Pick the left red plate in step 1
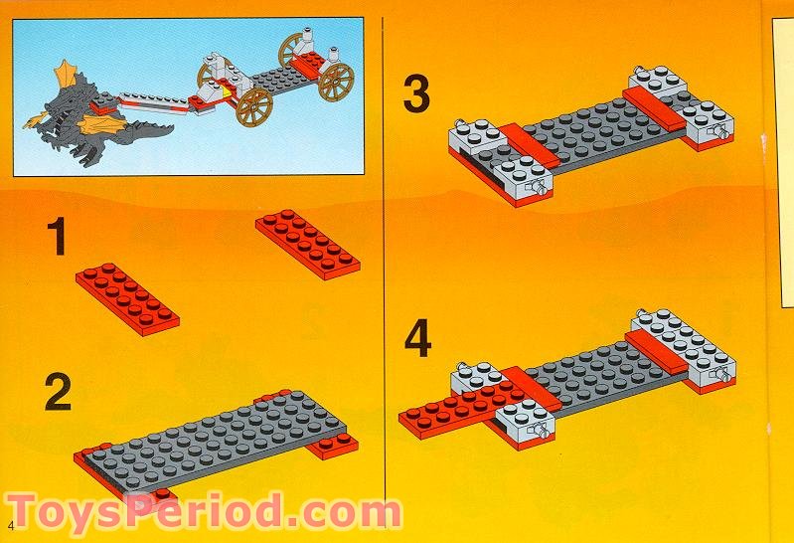pyautogui.click(x=127, y=295)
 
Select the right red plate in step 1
pyautogui.click(x=307, y=240)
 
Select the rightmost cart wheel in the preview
pyautogui.click(x=337, y=83)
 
